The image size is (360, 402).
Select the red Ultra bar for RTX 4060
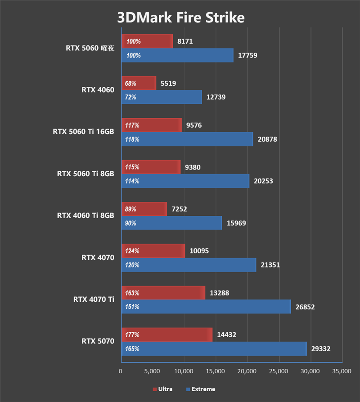click(139, 83)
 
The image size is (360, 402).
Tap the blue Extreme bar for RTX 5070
click(214, 348)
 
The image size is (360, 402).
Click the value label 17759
click(248, 55)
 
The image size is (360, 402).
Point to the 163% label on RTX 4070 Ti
click(133, 293)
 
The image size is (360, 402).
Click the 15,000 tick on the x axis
click(216, 371)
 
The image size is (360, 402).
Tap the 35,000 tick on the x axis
click(342, 371)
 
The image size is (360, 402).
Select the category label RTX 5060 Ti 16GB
click(83, 132)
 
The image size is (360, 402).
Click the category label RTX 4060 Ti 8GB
click(85, 215)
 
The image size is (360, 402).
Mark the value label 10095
click(200, 251)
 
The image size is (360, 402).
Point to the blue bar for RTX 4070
click(189, 265)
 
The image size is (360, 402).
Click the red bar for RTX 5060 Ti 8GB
click(151, 167)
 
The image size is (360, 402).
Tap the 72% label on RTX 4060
click(131, 97)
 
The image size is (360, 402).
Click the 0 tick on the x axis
click(121, 371)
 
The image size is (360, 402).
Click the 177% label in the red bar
click(133, 335)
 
